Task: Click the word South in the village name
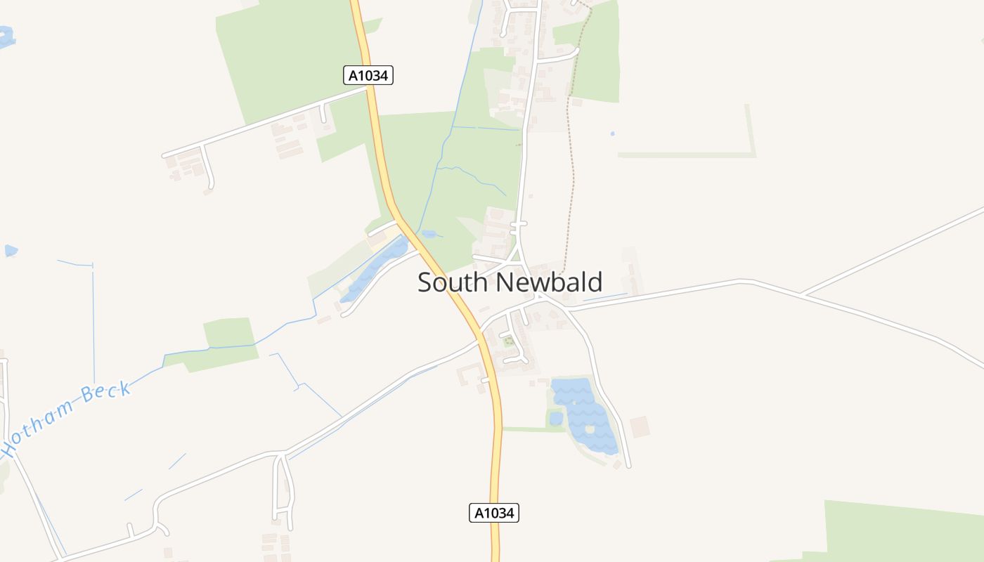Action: point(452,282)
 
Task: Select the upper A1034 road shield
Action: point(368,75)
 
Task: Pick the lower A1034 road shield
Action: point(493,513)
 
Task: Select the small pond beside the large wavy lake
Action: point(556,419)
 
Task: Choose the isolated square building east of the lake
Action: point(639,426)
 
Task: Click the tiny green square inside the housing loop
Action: point(507,342)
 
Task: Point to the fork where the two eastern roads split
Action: point(803,294)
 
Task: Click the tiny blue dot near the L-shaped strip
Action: point(612,133)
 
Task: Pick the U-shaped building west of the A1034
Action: point(469,374)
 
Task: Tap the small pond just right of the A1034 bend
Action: point(428,234)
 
